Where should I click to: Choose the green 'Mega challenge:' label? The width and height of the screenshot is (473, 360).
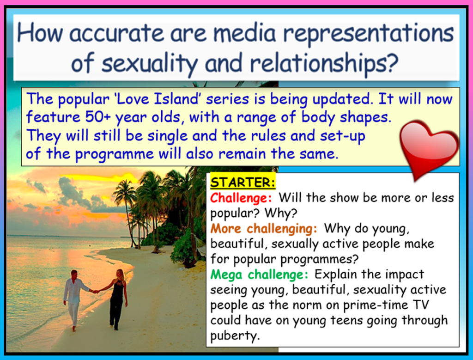pos(260,274)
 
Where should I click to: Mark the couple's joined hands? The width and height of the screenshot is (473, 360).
pos(96,291)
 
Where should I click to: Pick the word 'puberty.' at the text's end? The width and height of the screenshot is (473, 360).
pos(235,336)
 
